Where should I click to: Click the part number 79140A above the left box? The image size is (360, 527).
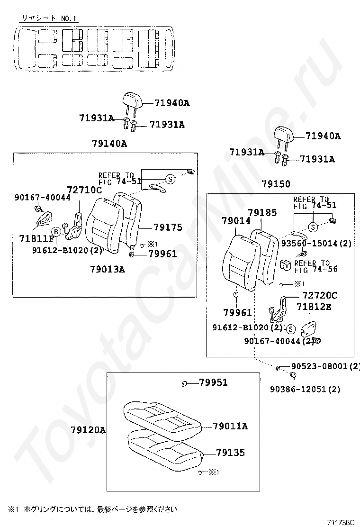pos(109,144)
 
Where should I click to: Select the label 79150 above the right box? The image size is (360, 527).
pos(276,184)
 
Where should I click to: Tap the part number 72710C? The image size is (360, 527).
pos(84,190)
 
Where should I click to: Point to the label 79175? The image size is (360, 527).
pos(168,227)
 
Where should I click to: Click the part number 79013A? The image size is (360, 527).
pos(107,269)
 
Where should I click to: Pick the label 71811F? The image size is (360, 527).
pos(36,239)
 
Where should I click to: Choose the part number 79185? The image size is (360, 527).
pos(262,212)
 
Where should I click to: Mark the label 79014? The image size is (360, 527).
pos(236,221)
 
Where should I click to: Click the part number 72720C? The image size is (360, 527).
pos(320,295)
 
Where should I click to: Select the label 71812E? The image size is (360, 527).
pos(314,307)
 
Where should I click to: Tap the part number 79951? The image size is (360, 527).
pos(213,382)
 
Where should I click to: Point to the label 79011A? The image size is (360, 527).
pos(230,426)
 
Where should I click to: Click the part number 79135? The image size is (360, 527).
pos(230,453)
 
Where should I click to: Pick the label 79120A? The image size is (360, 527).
pos(88,430)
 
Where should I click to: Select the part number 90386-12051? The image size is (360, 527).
pos(298,389)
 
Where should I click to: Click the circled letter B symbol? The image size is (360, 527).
pos(56,232)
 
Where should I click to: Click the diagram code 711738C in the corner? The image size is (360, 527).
pos(341,522)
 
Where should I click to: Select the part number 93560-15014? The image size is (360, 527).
pos(309,243)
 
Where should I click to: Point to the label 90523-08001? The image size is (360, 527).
pos(319,366)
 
